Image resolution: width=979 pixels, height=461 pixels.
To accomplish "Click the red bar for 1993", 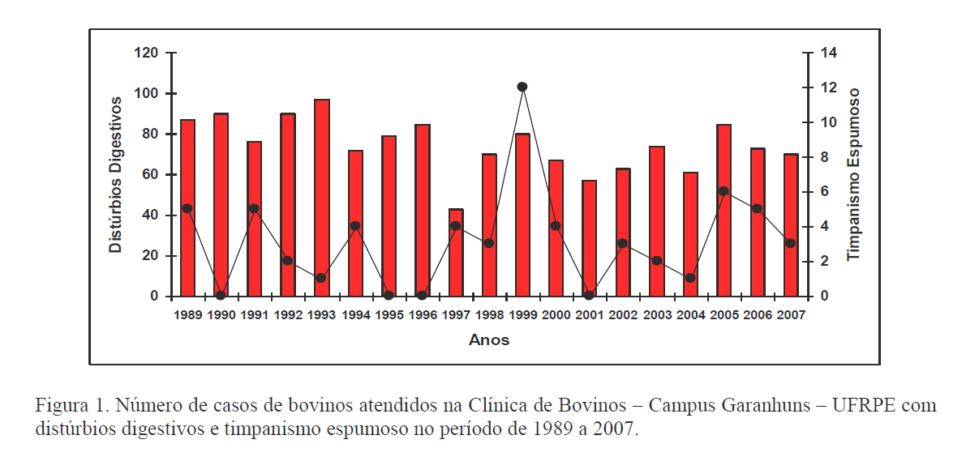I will point(322,198).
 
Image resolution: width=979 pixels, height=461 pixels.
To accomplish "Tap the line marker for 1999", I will point(522,87).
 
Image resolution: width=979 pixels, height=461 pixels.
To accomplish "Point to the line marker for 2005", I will point(724,191).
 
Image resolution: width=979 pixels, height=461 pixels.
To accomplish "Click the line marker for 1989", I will point(187,208).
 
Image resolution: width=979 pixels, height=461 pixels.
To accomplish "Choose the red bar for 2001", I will point(590,238).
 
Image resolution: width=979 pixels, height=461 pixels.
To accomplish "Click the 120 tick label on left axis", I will point(147,53).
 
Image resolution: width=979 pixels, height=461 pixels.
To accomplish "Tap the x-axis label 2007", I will point(790,315).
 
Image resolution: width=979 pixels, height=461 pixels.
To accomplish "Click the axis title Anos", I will point(489,340).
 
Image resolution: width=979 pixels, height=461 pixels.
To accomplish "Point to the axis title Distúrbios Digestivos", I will point(116,174).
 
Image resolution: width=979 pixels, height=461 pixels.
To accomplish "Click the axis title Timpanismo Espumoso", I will point(854,174).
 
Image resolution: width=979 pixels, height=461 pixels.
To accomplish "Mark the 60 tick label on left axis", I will point(150,174).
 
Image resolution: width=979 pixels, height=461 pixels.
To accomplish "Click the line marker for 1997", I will point(456,226).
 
